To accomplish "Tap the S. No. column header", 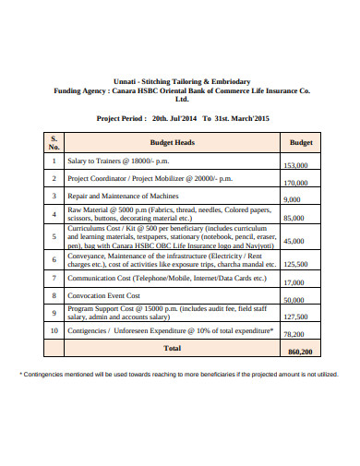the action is tap(54, 144).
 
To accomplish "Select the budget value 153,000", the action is tap(295, 165).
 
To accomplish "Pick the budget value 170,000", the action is tap(295, 183).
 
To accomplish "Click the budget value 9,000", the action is tap(293, 199).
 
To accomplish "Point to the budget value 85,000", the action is tap(294, 218).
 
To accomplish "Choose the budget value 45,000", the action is tap(294, 241).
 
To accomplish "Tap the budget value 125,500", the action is tap(295, 263).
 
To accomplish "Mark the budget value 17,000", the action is tap(294, 282).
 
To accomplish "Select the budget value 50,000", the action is tap(294, 300).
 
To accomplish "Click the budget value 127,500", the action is tap(295, 316).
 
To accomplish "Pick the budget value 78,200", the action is tap(294, 334).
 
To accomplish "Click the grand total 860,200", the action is tap(301, 352).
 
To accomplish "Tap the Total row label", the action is tap(173, 348).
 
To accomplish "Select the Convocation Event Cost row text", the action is tap(106, 295).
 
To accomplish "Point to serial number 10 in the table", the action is tap(54, 329).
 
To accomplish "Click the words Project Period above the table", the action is tap(121, 119).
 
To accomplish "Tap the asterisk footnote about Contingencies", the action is tap(179, 374).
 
